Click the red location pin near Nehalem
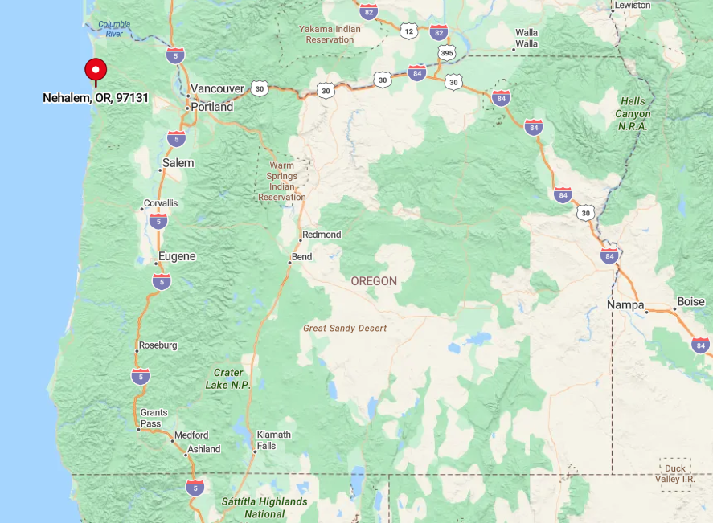[x=96, y=70]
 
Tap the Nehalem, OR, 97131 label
[x=96, y=98]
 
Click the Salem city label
[x=178, y=163]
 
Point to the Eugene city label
[x=177, y=257]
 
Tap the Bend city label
[x=301, y=257]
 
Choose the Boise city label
[x=690, y=302]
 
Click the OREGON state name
[x=374, y=281]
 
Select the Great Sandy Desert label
[x=345, y=329]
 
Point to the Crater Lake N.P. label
[x=228, y=379]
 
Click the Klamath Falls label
[x=273, y=440]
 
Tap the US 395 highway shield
[x=446, y=52]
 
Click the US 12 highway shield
[x=409, y=31]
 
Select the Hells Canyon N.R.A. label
[x=633, y=113]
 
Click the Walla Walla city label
[x=527, y=38]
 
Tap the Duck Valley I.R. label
[x=675, y=473]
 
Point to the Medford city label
[x=191, y=435]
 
